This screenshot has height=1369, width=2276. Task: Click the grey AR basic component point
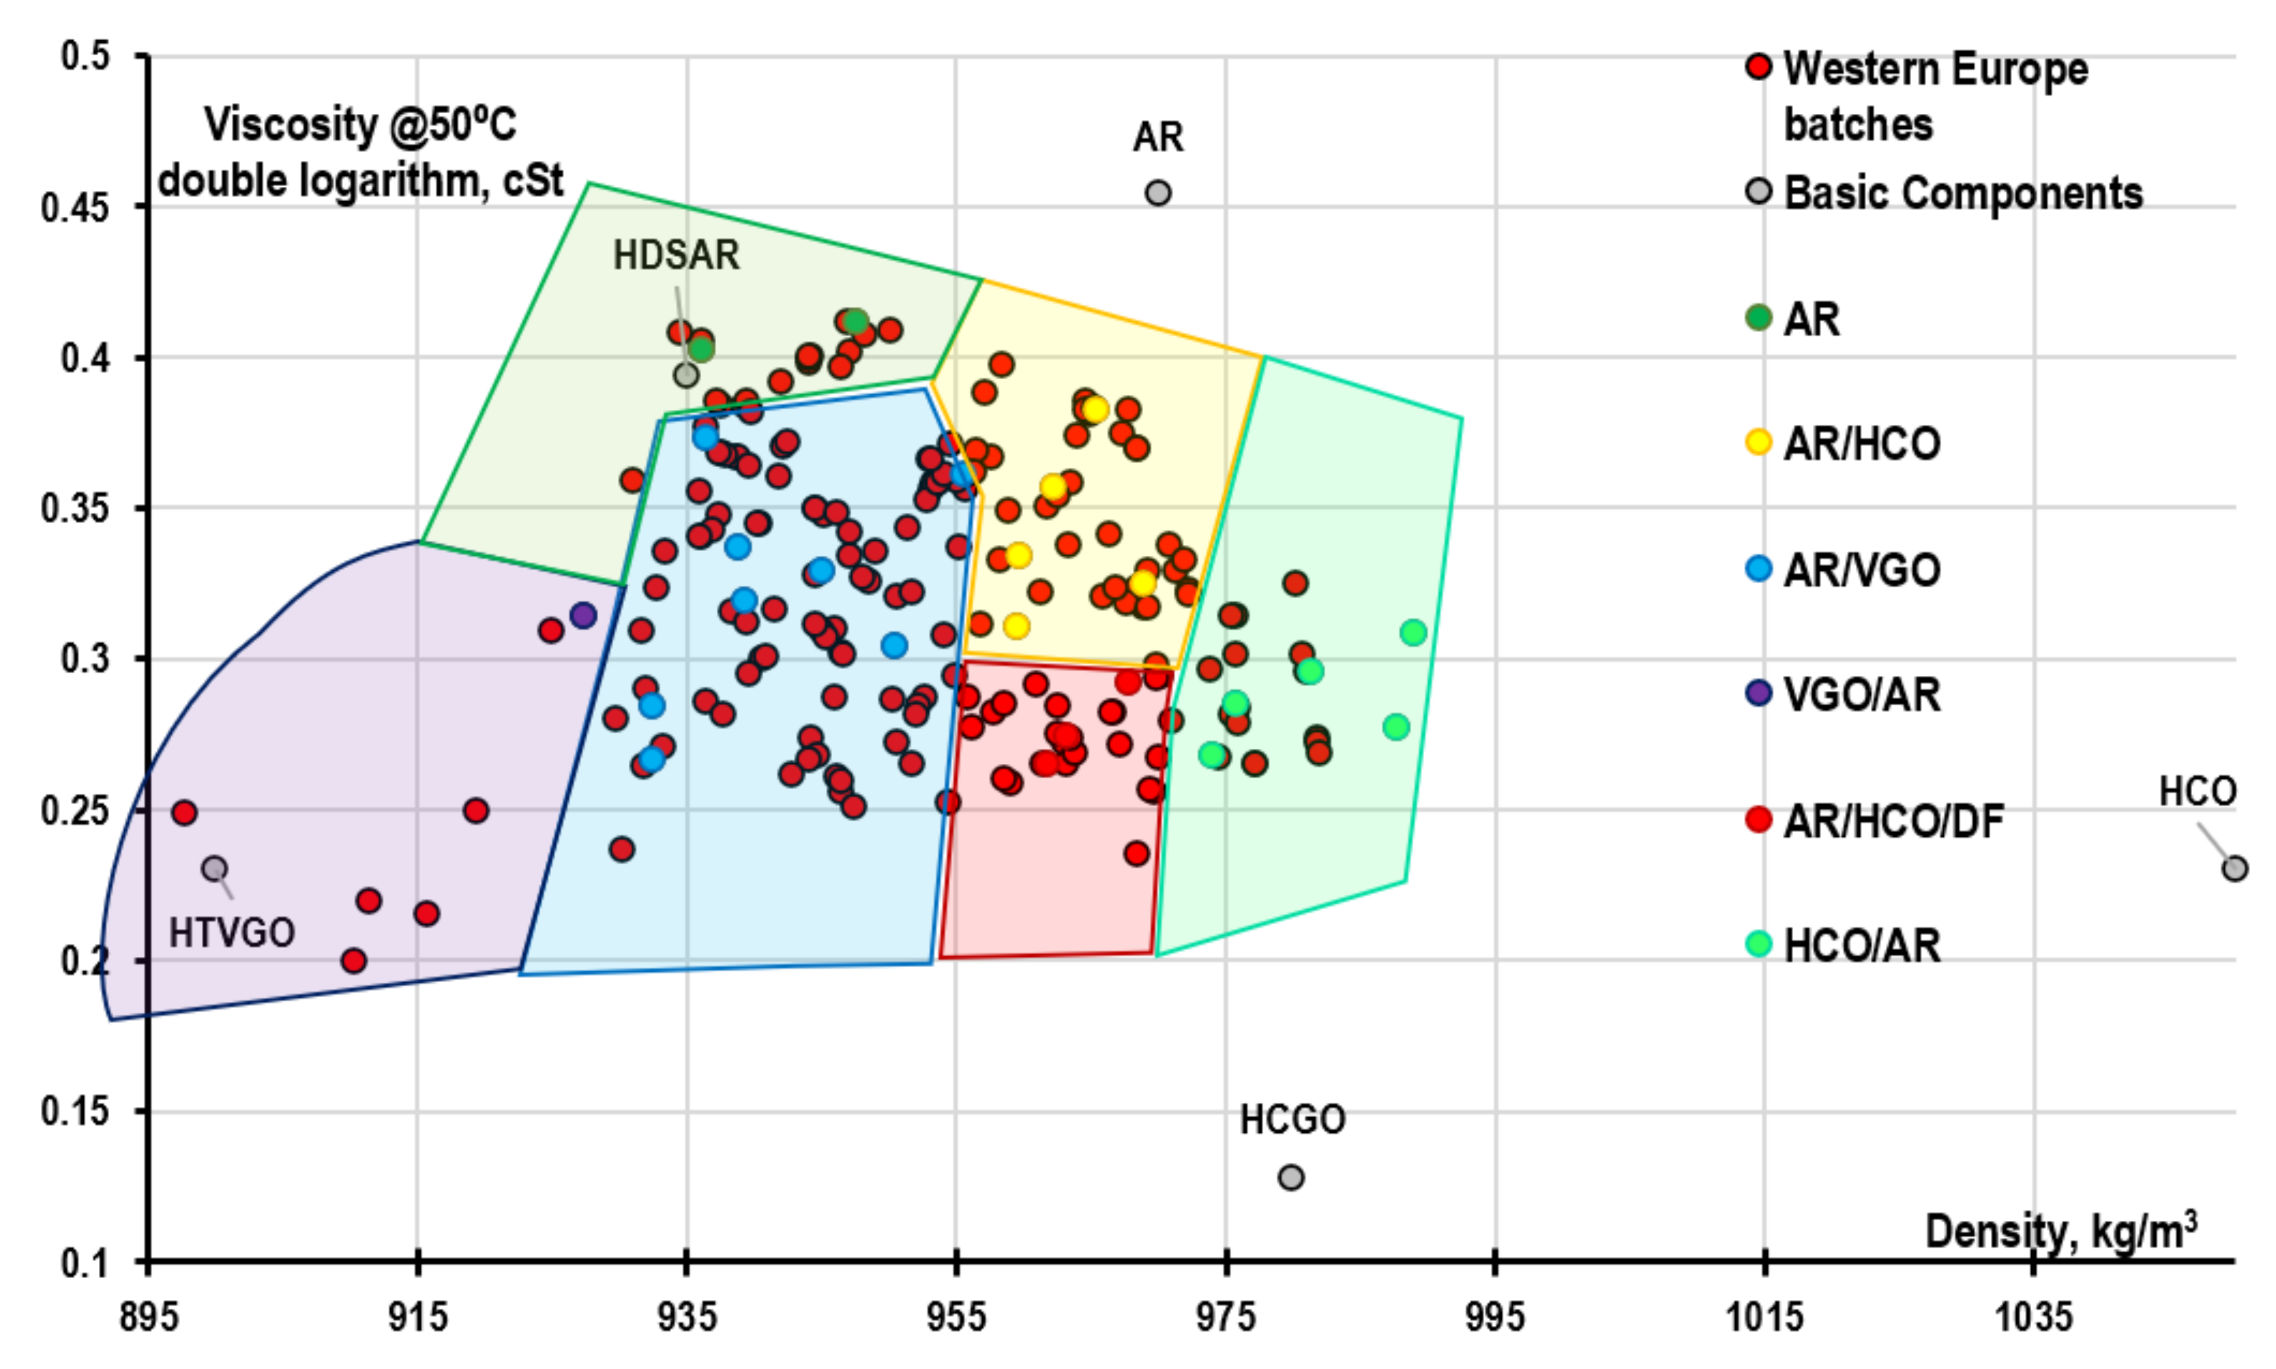1158,193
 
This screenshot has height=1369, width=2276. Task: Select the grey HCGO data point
1291,1177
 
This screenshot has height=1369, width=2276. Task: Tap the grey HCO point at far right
2233,868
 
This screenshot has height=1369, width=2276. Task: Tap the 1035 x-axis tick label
2033,1317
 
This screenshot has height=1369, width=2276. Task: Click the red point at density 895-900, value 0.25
184,813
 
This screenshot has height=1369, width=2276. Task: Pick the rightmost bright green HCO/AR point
1413,633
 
